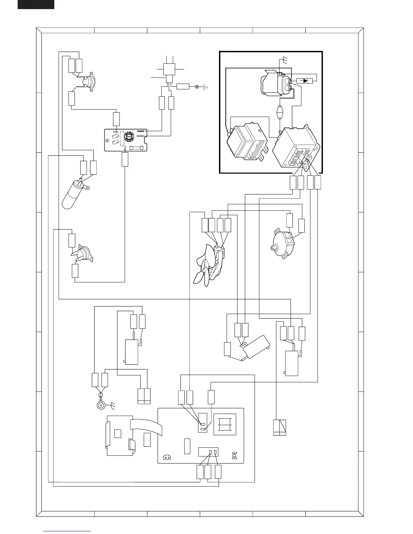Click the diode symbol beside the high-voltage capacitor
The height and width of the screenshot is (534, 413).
tap(305, 81)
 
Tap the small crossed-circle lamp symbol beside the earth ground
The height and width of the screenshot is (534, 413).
tap(197, 87)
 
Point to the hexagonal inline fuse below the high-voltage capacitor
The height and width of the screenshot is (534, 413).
tap(280, 112)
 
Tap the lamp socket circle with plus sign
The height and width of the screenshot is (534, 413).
tap(101, 406)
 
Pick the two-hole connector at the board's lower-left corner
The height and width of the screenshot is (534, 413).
tap(167, 457)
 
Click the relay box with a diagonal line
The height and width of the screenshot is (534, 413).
tap(280, 427)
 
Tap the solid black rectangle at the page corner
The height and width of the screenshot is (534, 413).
tap(36, 4)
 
